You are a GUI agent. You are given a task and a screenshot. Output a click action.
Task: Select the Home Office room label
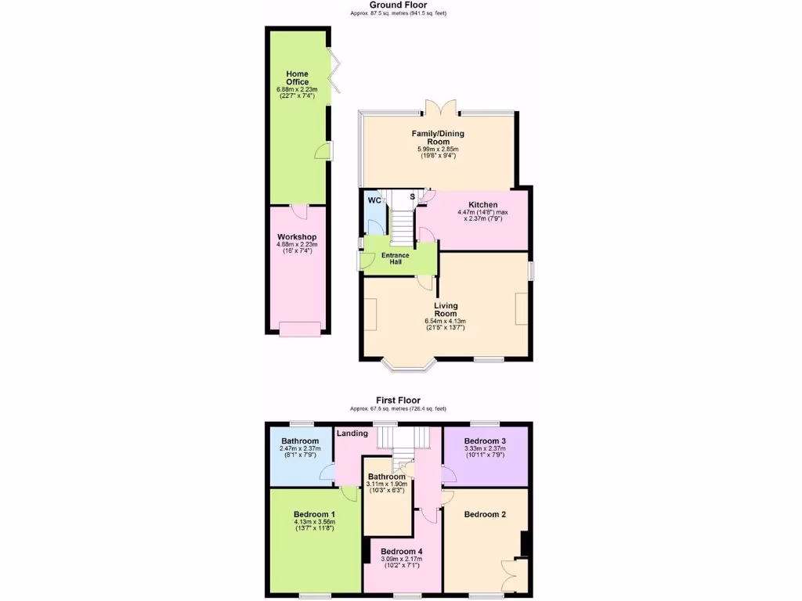click(297, 77)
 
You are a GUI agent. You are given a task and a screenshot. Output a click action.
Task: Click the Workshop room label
click(297, 237)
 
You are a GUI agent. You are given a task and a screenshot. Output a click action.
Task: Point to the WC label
click(374, 200)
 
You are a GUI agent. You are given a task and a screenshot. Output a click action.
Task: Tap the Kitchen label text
click(483, 205)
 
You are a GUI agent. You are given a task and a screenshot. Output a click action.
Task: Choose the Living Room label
click(445, 310)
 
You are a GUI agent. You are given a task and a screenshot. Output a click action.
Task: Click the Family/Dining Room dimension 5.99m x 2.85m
click(438, 149)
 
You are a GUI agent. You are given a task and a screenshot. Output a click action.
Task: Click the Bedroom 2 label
click(485, 514)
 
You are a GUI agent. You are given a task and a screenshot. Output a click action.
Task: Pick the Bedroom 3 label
click(485, 441)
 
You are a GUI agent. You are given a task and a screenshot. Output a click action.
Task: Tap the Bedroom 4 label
click(401, 552)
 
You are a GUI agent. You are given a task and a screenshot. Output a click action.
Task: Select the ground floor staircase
click(401, 223)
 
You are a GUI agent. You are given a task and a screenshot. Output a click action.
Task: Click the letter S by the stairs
click(412, 196)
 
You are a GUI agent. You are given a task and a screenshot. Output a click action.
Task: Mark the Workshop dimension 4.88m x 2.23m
click(297, 244)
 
